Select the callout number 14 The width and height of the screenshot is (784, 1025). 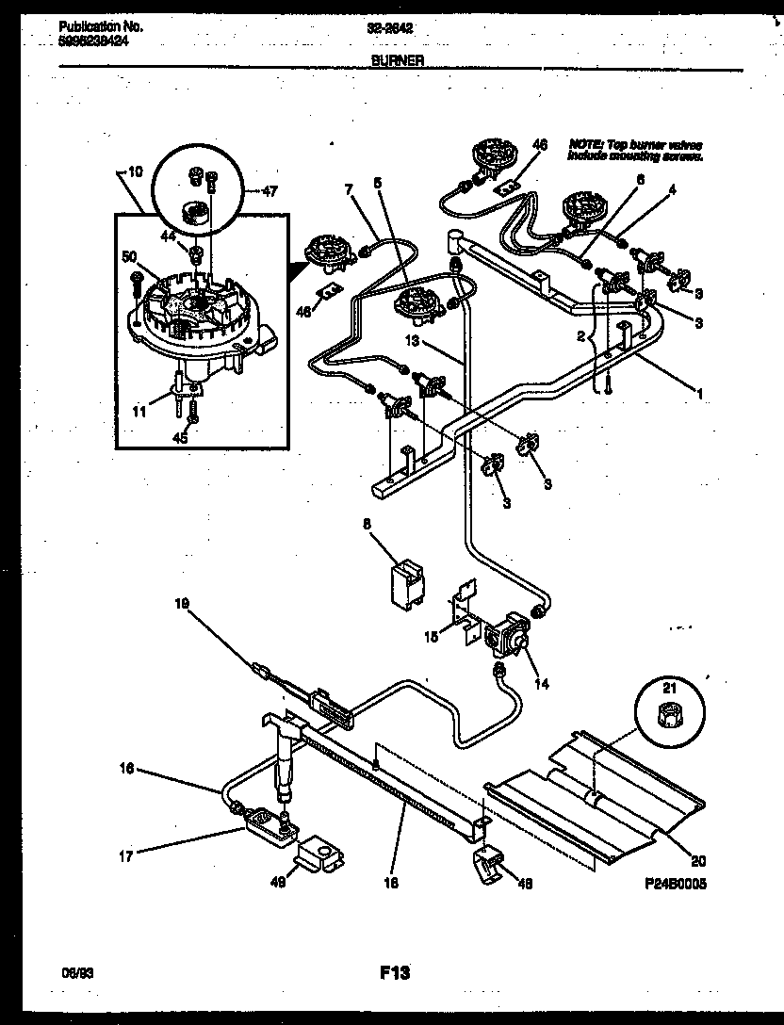[x=540, y=683]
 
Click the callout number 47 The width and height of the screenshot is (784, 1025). [x=270, y=191]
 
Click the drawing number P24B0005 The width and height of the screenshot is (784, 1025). [x=675, y=885]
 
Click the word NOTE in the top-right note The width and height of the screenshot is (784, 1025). [x=582, y=144]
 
